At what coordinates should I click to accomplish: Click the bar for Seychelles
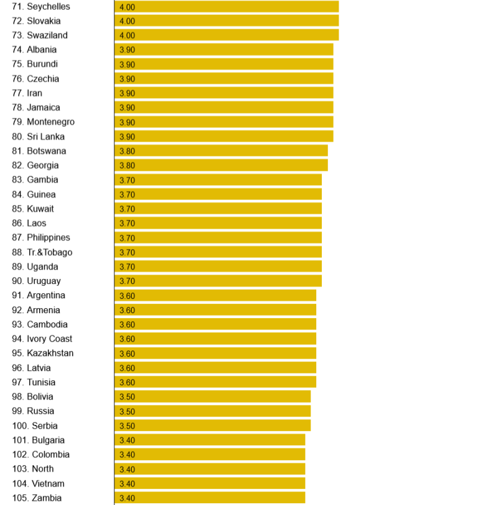[227, 6]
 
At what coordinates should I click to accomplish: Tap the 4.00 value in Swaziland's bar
[127, 35]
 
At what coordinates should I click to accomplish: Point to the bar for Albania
[224, 50]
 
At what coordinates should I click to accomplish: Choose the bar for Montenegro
[224, 122]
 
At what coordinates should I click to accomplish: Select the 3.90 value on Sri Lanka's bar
[127, 137]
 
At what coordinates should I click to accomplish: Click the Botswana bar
[221, 151]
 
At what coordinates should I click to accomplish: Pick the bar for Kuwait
[218, 209]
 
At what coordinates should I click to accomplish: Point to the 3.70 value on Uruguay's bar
[127, 281]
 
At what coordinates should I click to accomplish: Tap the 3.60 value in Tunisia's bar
[127, 383]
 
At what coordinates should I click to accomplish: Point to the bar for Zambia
[210, 498]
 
